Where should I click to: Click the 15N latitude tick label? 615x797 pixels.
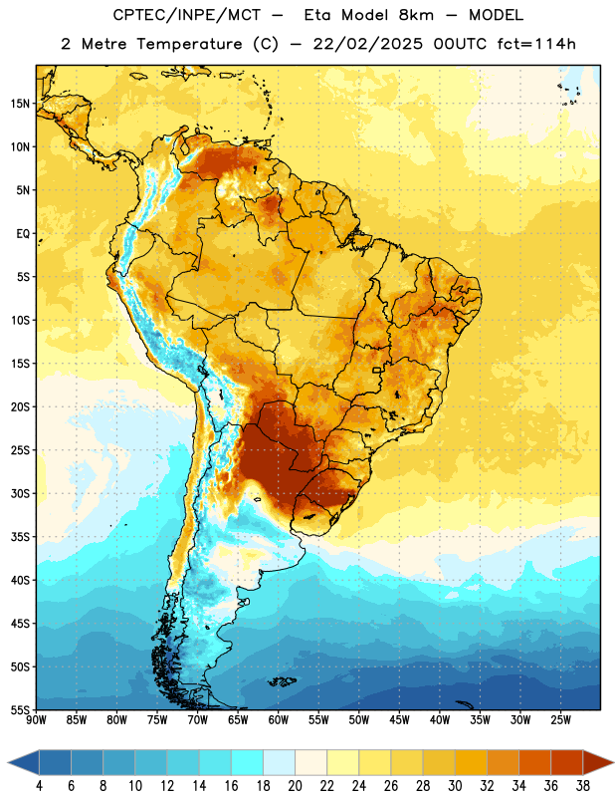click(x=20, y=104)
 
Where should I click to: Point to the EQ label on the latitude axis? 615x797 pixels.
click(x=23, y=234)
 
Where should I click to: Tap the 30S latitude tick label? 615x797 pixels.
click(x=20, y=493)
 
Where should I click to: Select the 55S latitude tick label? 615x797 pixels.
click(x=20, y=709)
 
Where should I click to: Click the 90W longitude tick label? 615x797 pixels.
click(x=37, y=720)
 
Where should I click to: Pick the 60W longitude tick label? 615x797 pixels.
click(x=279, y=720)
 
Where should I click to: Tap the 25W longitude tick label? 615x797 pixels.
click(x=560, y=720)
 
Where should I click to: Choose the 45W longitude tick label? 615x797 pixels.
click(x=399, y=720)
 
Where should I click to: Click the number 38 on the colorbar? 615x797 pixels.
click(x=583, y=786)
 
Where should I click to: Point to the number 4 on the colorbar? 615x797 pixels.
click(x=39, y=786)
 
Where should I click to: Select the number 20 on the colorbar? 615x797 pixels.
click(x=295, y=786)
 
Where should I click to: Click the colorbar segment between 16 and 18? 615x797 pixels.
click(x=248, y=762)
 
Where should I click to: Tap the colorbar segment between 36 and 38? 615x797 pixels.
click(x=567, y=762)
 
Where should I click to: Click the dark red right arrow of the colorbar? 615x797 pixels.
click(x=597, y=762)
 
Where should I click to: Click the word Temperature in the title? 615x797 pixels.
click(x=189, y=44)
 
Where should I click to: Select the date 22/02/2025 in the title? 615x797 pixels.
click(x=367, y=44)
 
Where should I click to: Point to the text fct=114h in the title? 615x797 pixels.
click(x=536, y=44)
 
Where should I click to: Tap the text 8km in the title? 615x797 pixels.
click(x=416, y=15)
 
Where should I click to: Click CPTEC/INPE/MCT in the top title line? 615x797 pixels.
click(x=186, y=15)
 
